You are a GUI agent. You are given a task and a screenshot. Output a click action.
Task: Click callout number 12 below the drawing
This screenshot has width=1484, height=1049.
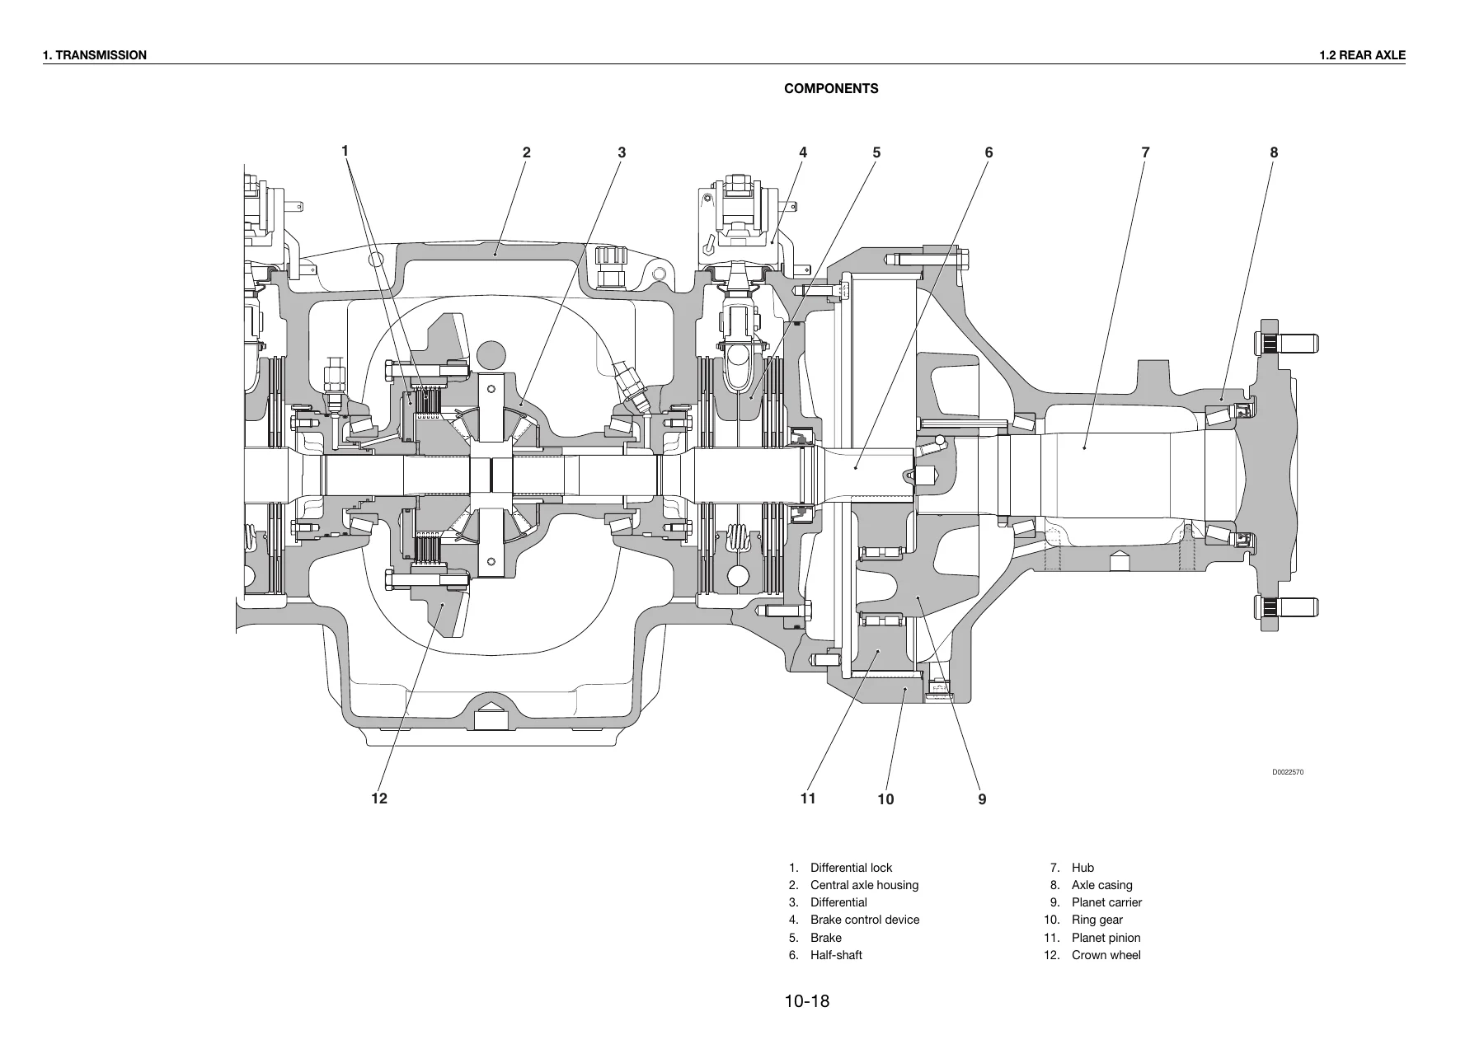pos(379,798)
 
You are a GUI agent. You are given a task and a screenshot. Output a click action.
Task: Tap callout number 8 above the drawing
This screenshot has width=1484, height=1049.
pos(1274,152)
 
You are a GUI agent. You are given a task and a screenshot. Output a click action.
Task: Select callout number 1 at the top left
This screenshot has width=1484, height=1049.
pos(345,151)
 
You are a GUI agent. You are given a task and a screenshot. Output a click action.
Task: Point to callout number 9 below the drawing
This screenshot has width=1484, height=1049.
pos(982,799)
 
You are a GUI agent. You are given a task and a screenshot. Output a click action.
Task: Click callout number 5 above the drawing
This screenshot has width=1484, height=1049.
pos(876,152)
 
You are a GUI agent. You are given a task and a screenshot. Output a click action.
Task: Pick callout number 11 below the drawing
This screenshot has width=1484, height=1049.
pos(808,798)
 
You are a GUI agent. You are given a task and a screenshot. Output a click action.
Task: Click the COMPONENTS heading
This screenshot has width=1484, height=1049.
pos(831,89)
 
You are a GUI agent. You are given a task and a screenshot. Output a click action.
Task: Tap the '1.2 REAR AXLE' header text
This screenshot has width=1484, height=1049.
pos(1362,55)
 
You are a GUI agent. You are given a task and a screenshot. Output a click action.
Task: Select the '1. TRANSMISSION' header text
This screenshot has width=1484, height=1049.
pos(95,55)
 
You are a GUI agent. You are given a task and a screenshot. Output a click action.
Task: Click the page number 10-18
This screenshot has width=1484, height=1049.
pos(807,1002)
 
